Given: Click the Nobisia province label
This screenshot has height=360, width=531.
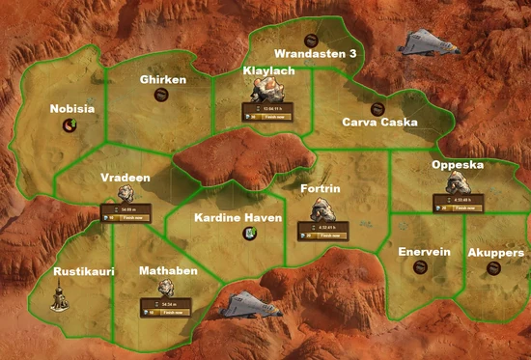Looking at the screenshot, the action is pos(72,109).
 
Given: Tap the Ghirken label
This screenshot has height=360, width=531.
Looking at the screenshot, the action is pos(162,79).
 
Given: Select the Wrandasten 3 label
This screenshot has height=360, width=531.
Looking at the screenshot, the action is pos(316,54).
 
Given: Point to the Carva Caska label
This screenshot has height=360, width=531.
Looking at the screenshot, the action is pos(380,123).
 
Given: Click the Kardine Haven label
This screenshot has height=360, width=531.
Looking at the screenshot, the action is pos(238,218).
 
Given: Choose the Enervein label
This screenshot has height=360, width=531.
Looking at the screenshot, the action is pos(425,252).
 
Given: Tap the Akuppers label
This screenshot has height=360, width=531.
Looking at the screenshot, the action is pos(496,252).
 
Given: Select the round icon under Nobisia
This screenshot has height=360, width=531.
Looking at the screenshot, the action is pos(70,125).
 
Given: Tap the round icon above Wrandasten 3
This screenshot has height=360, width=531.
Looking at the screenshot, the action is pos(310,40).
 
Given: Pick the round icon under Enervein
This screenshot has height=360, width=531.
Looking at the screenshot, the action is pos(420,267).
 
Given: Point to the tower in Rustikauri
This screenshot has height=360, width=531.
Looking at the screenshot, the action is pos(61,298).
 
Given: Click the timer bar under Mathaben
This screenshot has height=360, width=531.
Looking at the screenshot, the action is pos(169,307).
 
